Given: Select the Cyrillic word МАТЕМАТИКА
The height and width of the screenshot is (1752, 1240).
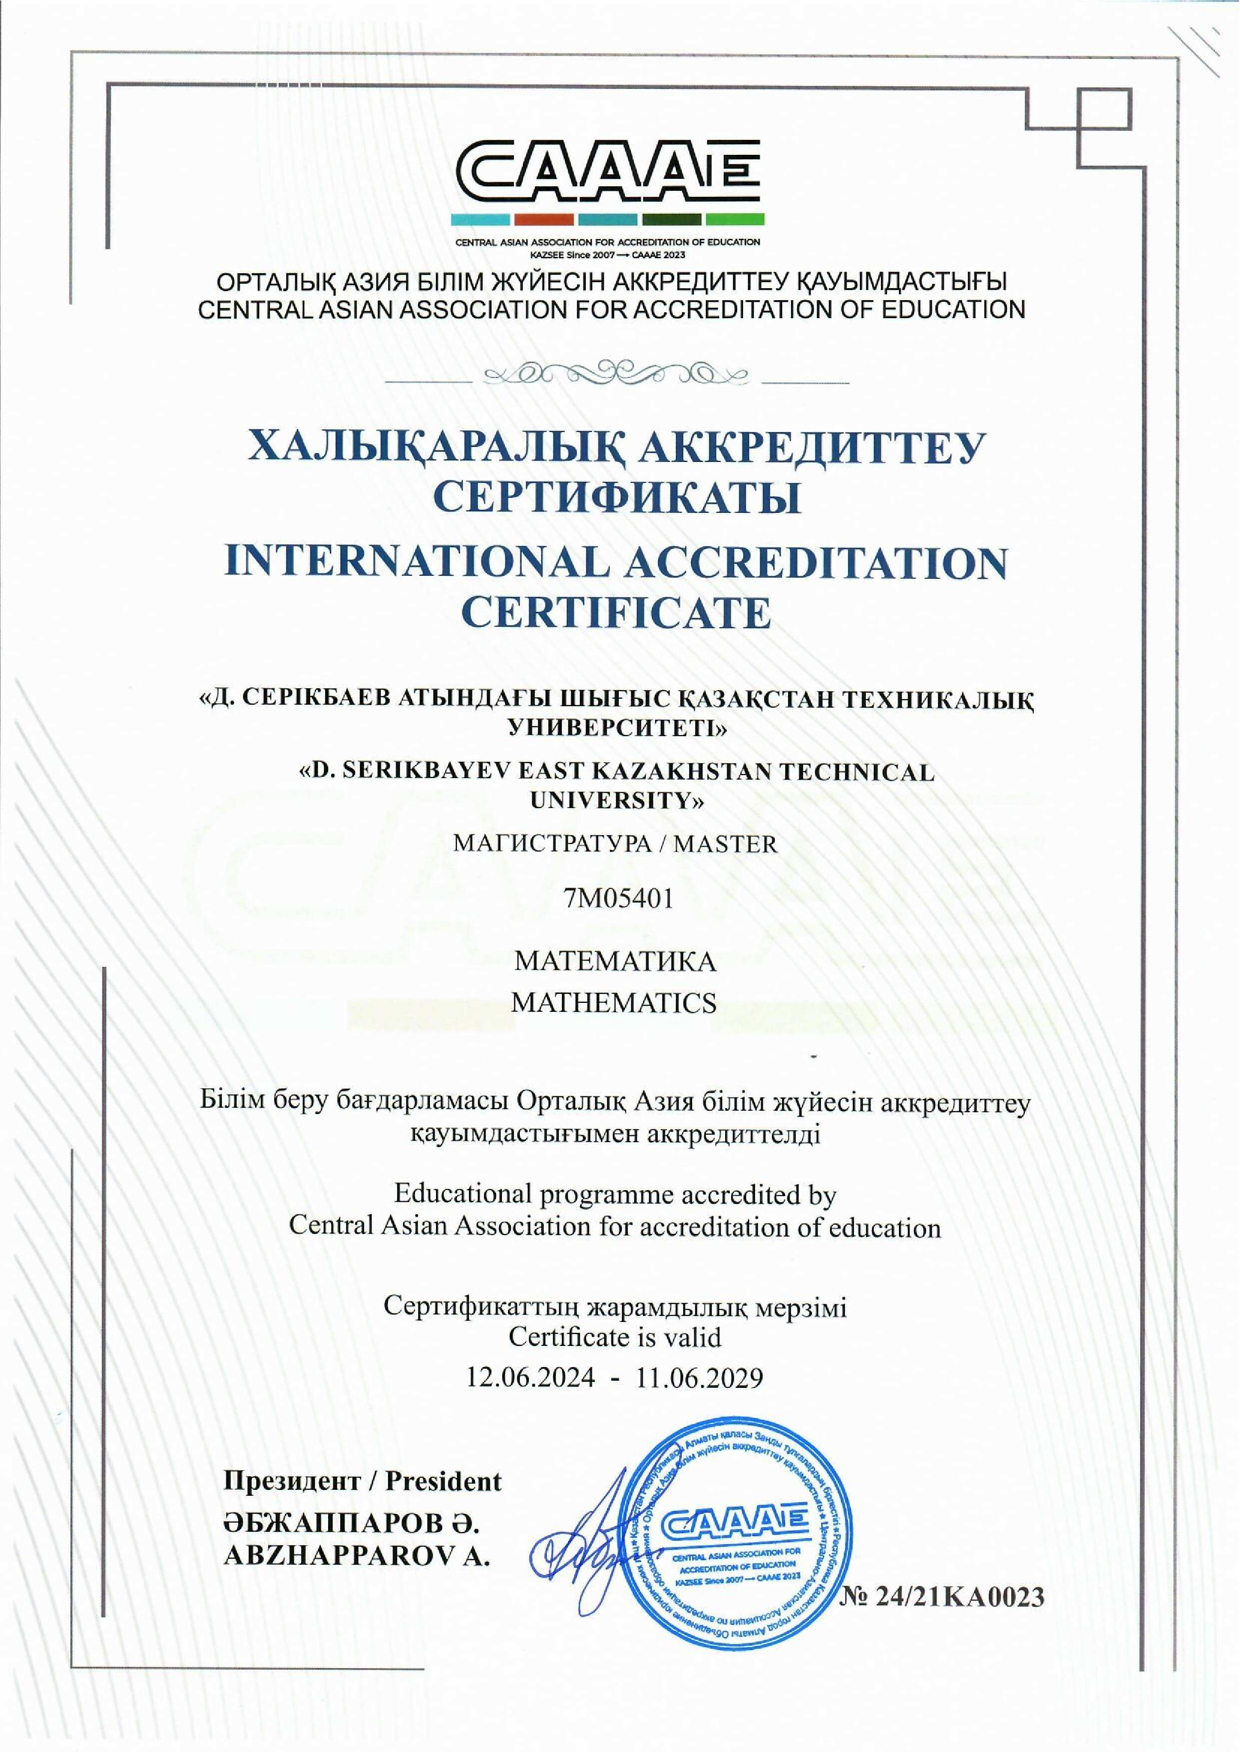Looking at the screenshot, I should (615, 960).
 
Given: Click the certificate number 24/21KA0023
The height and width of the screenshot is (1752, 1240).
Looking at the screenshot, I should (959, 1596).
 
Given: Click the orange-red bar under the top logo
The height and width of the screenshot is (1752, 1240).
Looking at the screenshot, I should (544, 220).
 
